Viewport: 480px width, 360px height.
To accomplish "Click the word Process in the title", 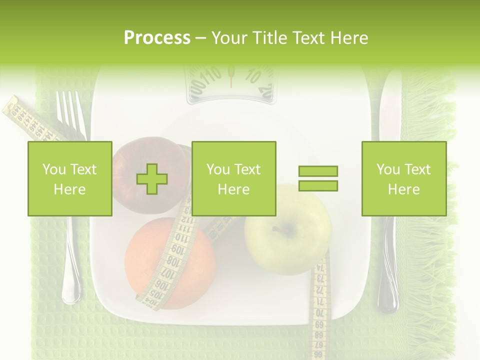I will point(157,38).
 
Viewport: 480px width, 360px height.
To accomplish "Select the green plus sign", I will point(152,179).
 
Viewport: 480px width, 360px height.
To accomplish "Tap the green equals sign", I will point(318,178).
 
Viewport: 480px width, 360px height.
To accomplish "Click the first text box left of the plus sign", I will point(70,178).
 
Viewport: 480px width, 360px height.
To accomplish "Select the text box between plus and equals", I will point(233,178).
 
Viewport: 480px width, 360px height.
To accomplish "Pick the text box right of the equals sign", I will point(404,178).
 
